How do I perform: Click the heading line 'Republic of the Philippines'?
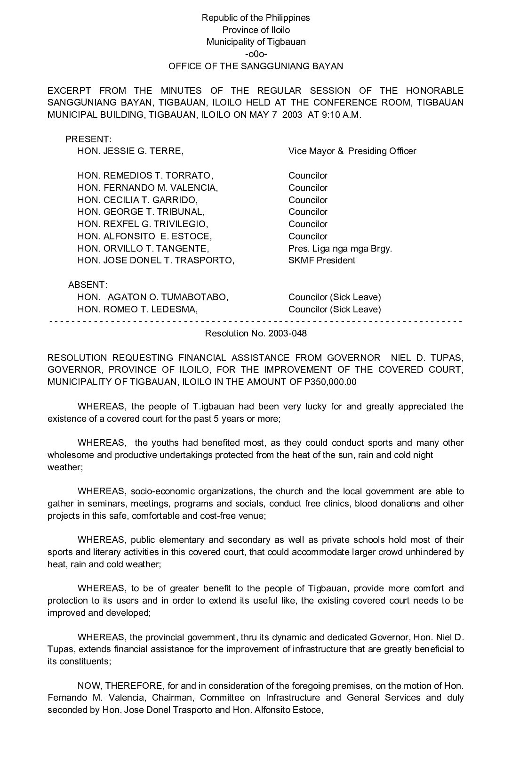tap(256, 18)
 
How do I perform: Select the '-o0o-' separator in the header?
tap(256, 54)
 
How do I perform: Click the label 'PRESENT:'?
tap(88, 139)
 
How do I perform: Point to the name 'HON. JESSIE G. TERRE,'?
tap(130, 151)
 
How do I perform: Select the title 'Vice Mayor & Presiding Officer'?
tap(352, 151)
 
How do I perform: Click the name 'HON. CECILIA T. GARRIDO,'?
tap(137, 200)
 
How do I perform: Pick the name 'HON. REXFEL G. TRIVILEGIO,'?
tap(143, 224)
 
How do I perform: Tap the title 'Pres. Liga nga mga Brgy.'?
tap(340, 248)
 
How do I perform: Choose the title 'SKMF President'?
tap(321, 261)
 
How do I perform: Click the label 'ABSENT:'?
tap(88, 285)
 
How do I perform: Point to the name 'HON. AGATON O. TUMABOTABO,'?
tap(153, 297)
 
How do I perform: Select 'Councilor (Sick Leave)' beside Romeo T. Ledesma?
tap(335, 310)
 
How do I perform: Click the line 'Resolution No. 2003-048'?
tap(256, 334)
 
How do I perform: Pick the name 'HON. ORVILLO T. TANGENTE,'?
tap(143, 248)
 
